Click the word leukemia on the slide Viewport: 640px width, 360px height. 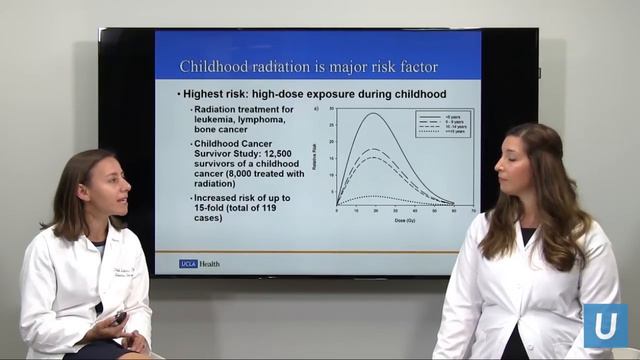coord(215,120)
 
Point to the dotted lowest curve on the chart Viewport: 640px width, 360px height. coord(372,196)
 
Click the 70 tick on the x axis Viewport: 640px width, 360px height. coord(472,211)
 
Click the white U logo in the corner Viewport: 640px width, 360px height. coord(606,325)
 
